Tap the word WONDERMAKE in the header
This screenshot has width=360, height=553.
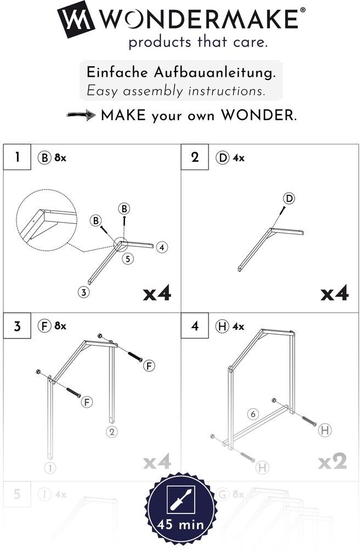[200, 20]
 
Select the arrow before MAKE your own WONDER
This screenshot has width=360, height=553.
[81, 116]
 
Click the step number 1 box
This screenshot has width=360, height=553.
[18, 157]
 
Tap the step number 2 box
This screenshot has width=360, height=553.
[195, 157]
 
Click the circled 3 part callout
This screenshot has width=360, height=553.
[83, 292]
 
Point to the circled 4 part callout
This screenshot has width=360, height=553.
[161, 247]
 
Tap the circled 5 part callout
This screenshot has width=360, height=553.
[127, 258]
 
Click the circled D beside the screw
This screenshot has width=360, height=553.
[289, 198]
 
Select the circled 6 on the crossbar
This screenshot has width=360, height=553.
[252, 414]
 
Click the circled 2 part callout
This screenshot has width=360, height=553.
[111, 432]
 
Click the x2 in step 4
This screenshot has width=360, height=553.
[333, 462]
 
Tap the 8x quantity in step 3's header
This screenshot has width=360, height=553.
[60, 326]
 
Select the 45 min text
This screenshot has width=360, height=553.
[181, 525]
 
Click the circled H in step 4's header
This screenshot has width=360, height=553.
[222, 326]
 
